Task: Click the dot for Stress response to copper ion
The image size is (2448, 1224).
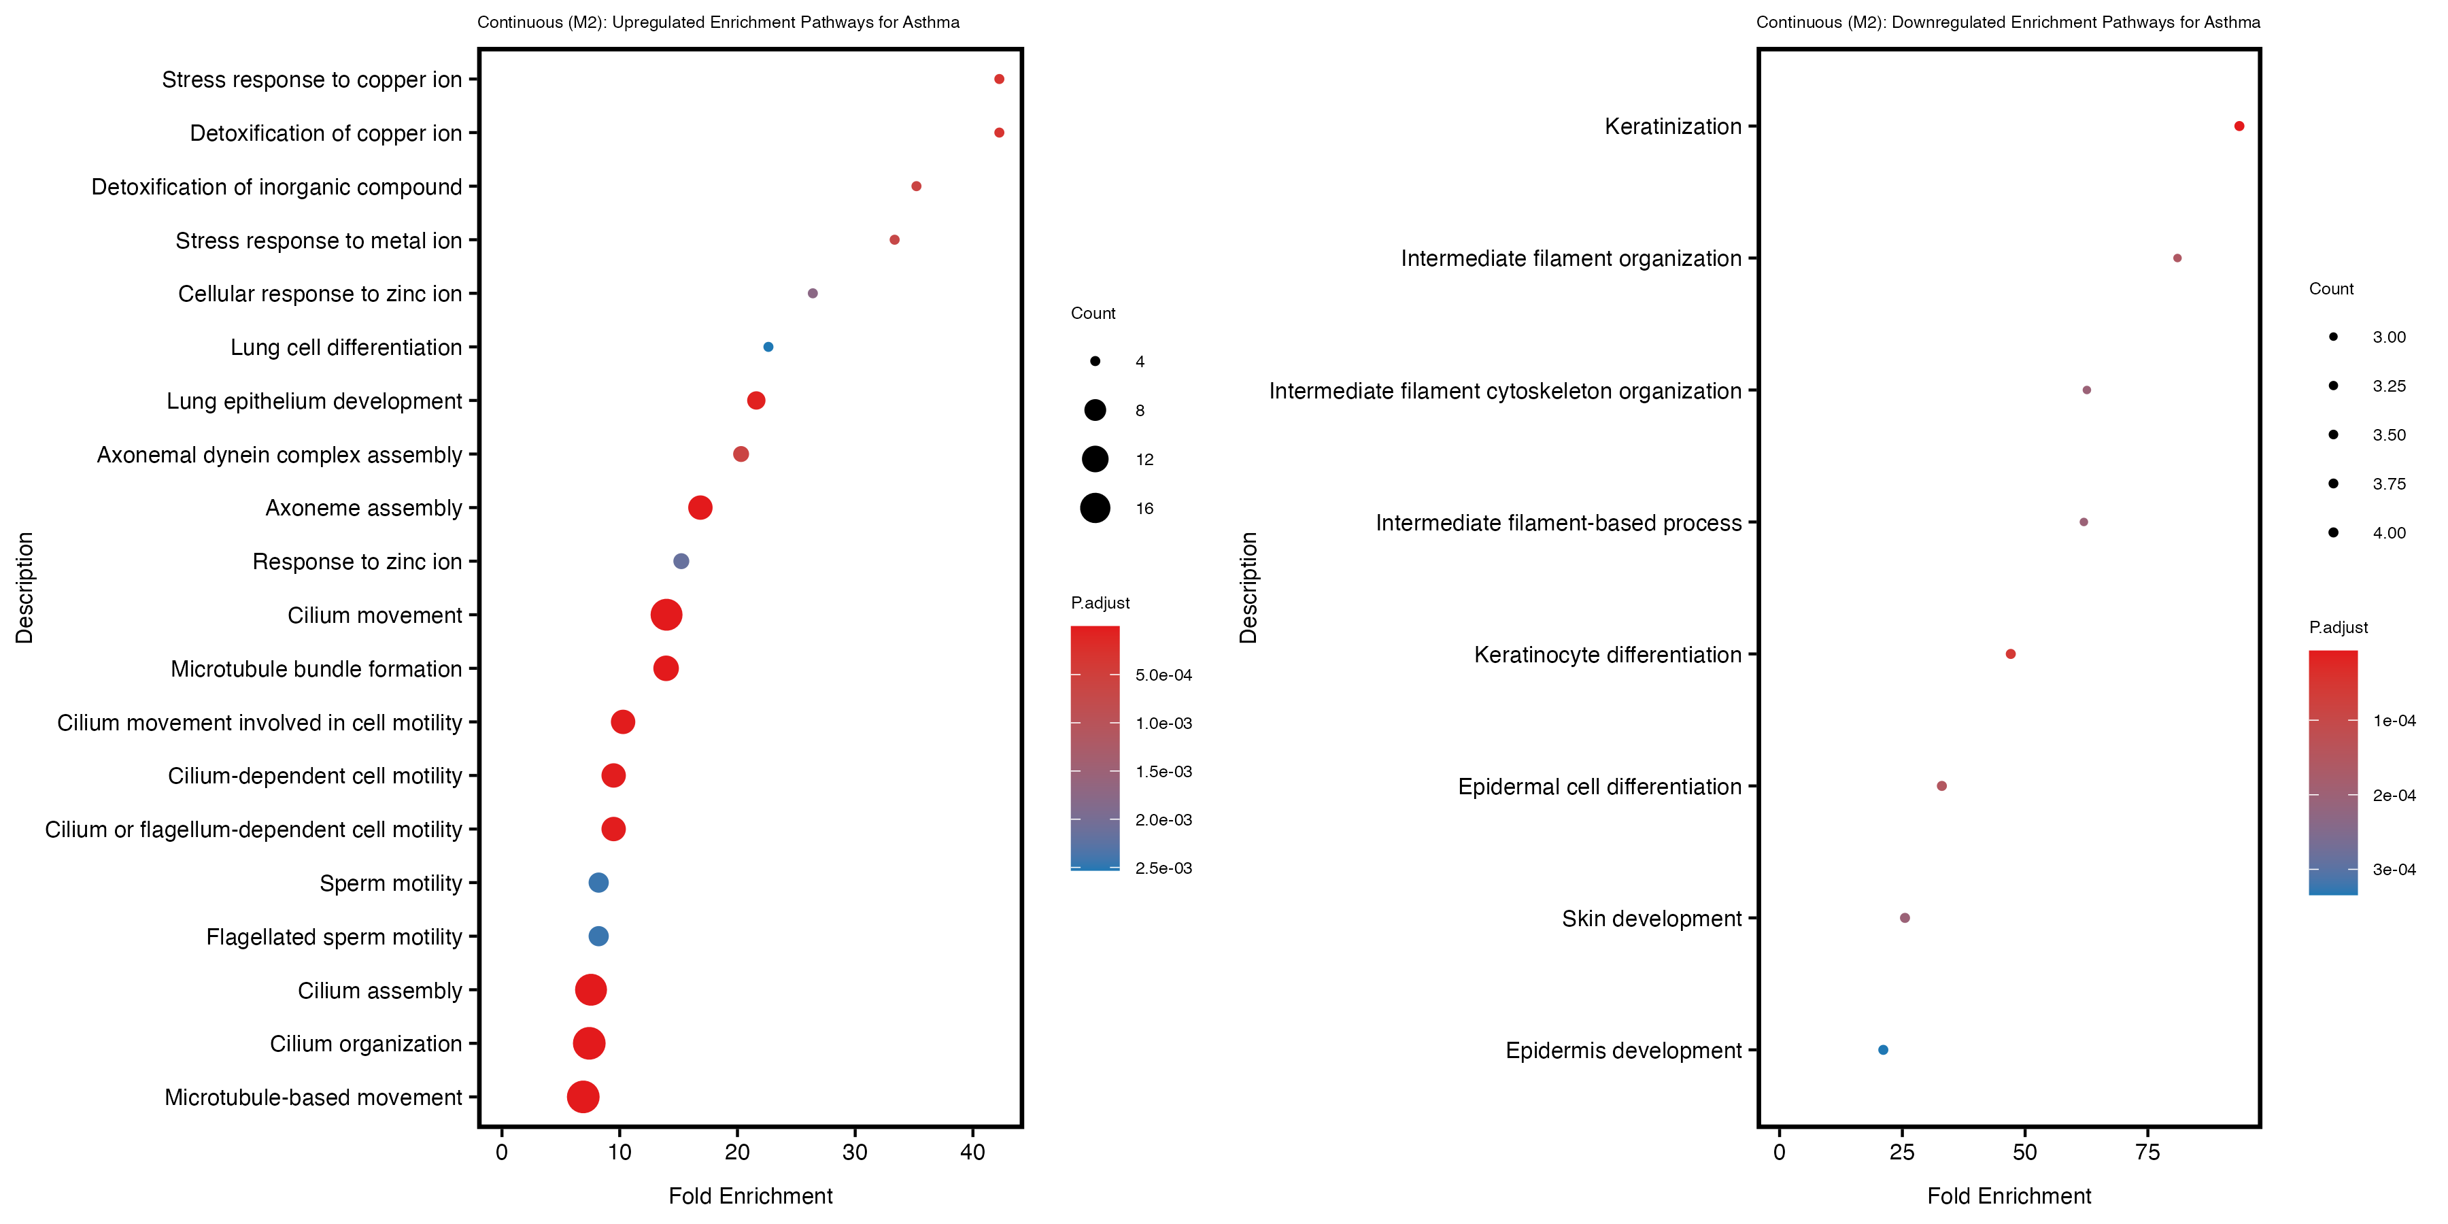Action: click(999, 79)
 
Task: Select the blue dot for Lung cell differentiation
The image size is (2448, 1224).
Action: click(768, 347)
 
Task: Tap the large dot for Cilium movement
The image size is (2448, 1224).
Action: click(666, 615)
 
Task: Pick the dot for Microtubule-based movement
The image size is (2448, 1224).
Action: click(583, 1097)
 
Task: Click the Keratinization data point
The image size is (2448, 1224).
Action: click(2239, 126)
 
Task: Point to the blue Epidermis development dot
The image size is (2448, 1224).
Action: click(1882, 1050)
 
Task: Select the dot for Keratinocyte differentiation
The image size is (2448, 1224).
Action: click(2010, 653)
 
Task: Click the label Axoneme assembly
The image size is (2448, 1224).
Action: click(363, 509)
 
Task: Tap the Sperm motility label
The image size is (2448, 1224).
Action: click(390, 884)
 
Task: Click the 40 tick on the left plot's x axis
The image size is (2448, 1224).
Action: click(972, 1153)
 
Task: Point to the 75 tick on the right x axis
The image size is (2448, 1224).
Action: click(2147, 1153)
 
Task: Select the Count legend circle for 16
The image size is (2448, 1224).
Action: click(1095, 509)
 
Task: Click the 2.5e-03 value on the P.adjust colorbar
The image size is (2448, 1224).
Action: click(1163, 868)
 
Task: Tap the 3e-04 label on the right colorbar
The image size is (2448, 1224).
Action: click(2393, 870)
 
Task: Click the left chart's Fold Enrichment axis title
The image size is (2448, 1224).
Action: click(750, 1196)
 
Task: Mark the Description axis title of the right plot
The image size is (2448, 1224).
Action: click(1248, 588)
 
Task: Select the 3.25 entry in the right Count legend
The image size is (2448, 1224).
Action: click(2388, 386)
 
